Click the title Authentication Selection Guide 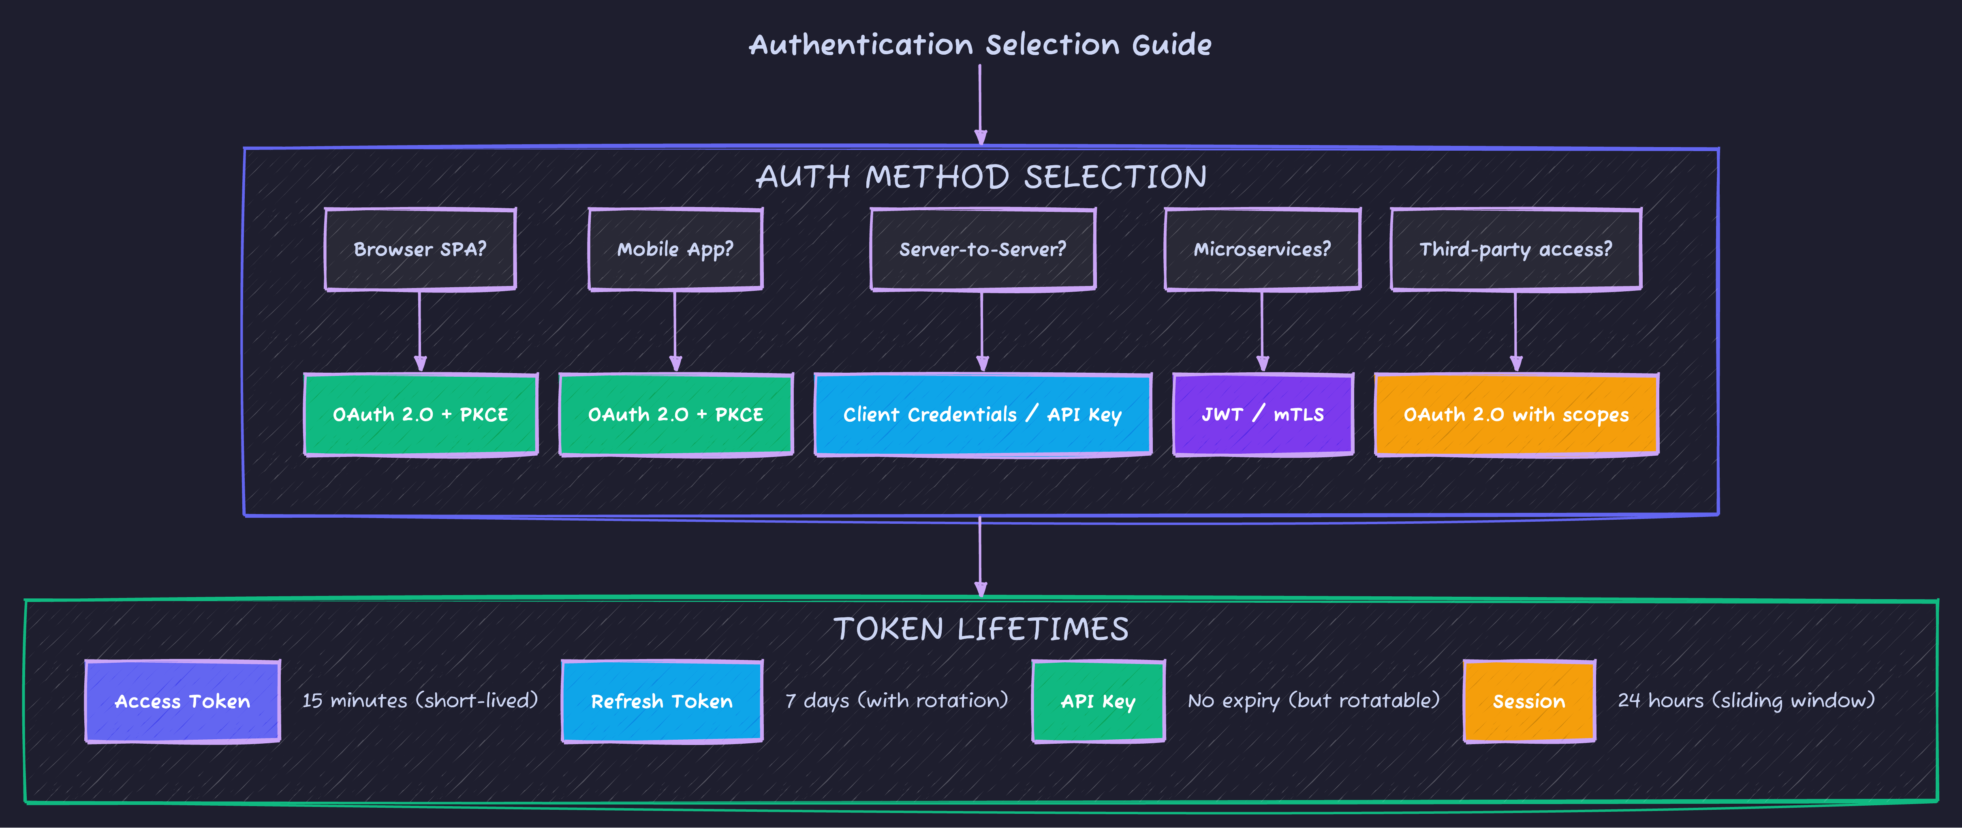coord(980,45)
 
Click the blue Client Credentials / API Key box coord(983,414)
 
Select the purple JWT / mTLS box coord(1263,414)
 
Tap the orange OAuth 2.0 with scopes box coord(1516,414)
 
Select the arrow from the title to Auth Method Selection coord(980,103)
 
